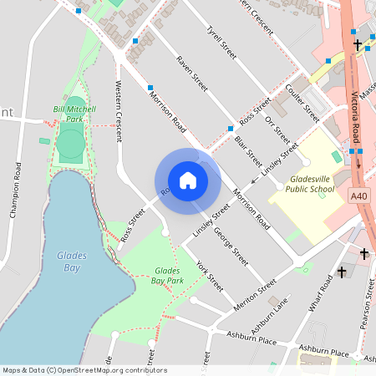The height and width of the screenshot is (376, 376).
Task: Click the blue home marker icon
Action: (188, 180)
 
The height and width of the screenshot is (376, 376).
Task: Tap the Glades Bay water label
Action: (74, 262)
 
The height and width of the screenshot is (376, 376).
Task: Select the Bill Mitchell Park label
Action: (74, 114)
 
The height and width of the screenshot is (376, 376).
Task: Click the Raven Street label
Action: (192, 73)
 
